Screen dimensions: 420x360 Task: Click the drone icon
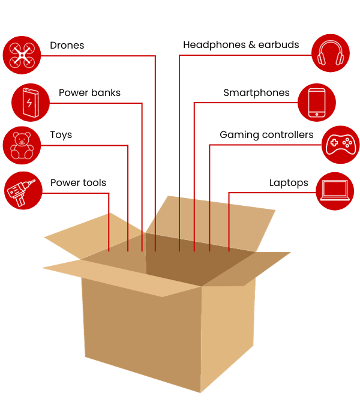click(22, 55)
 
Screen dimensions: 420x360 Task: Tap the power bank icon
click(30, 103)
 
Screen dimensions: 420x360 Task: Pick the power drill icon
click(23, 191)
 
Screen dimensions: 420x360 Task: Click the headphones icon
click(331, 53)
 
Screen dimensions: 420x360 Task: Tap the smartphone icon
click(316, 103)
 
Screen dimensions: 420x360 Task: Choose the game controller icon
click(340, 145)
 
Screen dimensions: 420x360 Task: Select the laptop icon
click(335, 191)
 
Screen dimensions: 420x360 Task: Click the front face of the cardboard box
click(141, 336)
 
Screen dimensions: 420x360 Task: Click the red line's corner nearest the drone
click(155, 56)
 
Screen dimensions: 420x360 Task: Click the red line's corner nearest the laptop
click(229, 193)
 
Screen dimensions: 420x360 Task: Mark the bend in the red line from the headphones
click(179, 55)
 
